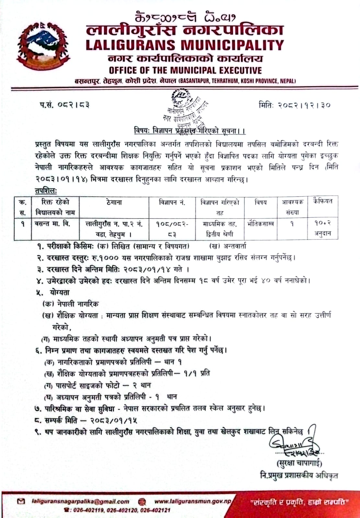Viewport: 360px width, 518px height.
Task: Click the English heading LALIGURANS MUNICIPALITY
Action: click(x=185, y=45)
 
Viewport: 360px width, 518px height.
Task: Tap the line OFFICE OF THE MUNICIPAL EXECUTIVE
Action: click(x=185, y=70)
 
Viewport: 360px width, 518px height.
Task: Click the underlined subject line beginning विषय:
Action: click(x=190, y=131)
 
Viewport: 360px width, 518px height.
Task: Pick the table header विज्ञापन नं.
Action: click(x=172, y=203)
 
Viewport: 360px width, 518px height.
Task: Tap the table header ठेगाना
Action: click(x=114, y=202)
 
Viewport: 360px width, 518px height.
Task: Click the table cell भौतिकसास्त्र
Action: click(x=260, y=224)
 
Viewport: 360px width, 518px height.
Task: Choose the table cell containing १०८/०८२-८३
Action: click(x=172, y=229)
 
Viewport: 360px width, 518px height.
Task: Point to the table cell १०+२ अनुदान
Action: click(x=322, y=228)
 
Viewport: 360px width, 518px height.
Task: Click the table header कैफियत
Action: click(x=322, y=201)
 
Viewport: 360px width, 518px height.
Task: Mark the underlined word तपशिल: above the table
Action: click(x=46, y=191)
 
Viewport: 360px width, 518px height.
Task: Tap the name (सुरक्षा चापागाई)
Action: click(x=299, y=463)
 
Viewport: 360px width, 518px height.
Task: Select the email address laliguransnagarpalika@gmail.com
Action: click(x=81, y=501)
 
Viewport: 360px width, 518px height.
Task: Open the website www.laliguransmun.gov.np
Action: click(x=192, y=501)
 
